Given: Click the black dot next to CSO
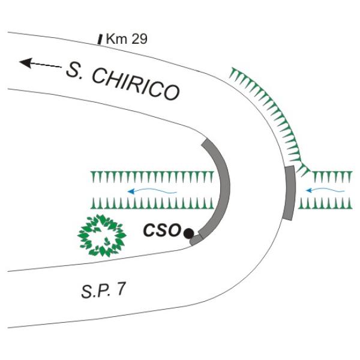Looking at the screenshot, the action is [189, 233].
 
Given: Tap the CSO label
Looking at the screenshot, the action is [162, 230].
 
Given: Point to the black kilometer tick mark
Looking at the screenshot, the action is [100, 39].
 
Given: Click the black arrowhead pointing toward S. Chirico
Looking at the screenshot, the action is [25, 62].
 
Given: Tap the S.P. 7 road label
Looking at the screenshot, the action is [104, 290].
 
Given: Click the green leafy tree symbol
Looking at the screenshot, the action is [102, 236].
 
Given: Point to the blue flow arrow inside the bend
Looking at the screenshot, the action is [152, 191].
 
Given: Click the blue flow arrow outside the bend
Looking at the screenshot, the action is [325, 190].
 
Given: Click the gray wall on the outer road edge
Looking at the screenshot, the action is [289, 193].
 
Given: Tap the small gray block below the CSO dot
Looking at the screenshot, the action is [196, 239].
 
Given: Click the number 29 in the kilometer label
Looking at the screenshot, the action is [140, 39].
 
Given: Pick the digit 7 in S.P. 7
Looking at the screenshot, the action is [121, 289].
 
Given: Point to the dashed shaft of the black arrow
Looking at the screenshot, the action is [46, 65].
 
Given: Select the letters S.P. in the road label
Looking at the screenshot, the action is [96, 291].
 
